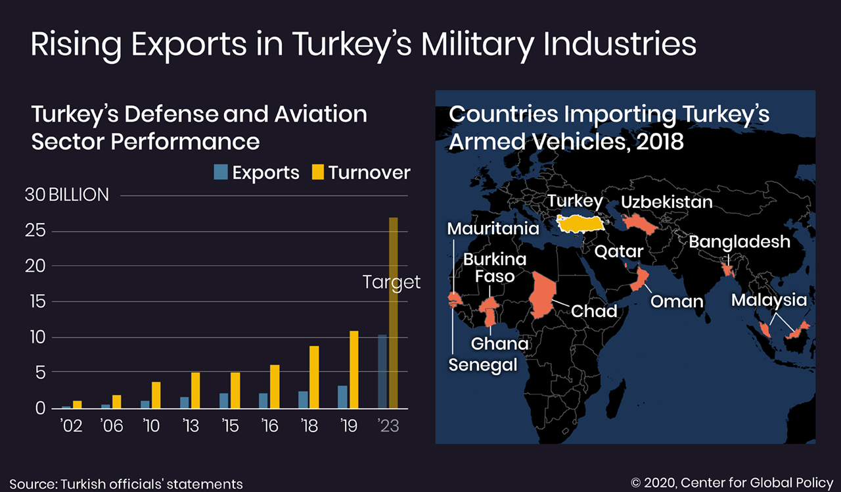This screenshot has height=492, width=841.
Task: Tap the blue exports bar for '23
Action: (382, 372)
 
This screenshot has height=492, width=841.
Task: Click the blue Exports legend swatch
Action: (221, 173)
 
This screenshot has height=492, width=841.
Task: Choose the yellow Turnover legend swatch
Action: (317, 173)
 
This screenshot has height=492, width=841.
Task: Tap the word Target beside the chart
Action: (392, 282)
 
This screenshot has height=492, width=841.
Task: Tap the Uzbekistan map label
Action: (666, 202)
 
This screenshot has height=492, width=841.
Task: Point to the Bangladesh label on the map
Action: (739, 242)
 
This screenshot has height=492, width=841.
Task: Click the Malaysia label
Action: (769, 301)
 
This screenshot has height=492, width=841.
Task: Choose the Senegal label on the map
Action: (483, 364)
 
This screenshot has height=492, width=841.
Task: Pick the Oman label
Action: (677, 302)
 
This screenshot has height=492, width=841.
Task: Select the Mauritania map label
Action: (493, 229)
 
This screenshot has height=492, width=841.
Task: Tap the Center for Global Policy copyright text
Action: (732, 483)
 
